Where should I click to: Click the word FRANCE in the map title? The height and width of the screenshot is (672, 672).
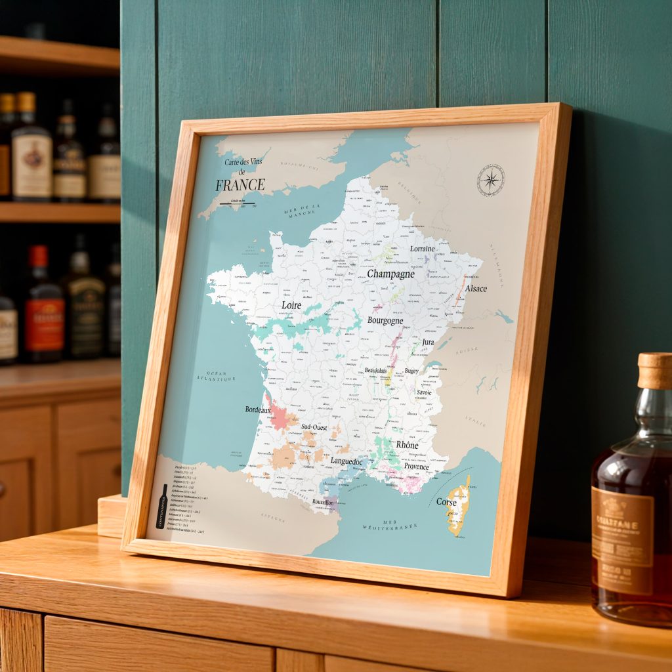tap(240, 184)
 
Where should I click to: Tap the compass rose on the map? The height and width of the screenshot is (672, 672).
tap(490, 179)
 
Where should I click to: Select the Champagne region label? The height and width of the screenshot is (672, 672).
tap(390, 274)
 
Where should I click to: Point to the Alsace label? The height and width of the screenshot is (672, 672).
tap(476, 288)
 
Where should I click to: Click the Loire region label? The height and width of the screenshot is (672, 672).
tap(291, 305)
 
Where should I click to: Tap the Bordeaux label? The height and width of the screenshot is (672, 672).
tap(258, 409)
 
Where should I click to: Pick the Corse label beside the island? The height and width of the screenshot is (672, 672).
tap(446, 502)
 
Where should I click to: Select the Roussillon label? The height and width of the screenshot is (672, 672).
tap(324, 502)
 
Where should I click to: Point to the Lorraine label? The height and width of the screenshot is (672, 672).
tap(422, 249)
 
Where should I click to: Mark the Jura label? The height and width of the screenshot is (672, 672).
tap(428, 342)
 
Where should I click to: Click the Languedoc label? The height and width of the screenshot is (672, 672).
tap(346, 461)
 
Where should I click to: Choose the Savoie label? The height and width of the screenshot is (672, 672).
tap(425, 392)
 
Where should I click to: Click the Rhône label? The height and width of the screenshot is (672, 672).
tap(407, 445)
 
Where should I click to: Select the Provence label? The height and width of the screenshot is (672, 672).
tap(416, 467)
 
